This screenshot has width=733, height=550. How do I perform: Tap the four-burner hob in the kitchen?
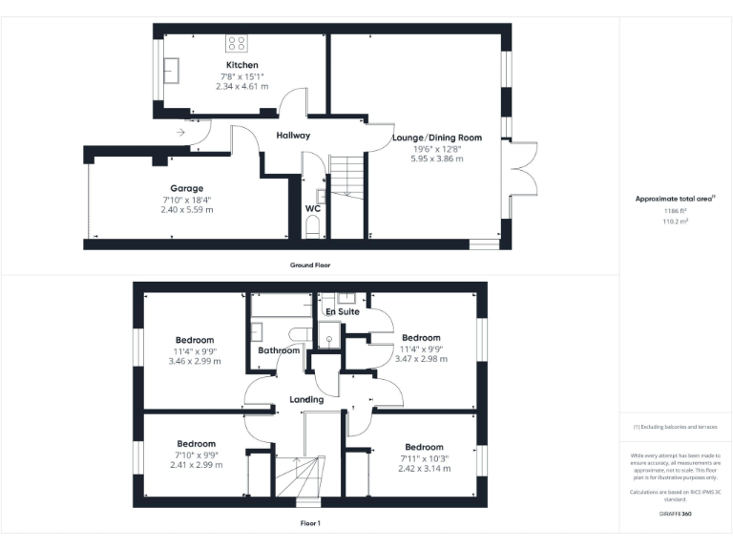(236, 43)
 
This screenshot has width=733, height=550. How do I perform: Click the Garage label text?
(187, 188)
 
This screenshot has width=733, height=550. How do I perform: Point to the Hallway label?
(293, 136)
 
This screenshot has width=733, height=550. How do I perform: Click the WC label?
(312, 208)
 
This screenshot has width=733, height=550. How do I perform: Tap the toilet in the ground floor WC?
(312, 226)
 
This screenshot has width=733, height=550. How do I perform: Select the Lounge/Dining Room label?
(436, 137)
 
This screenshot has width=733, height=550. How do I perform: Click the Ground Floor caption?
(310, 264)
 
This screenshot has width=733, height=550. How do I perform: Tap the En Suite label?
(342, 312)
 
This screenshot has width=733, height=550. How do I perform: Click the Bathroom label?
(280, 350)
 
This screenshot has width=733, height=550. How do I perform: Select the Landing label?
(306, 399)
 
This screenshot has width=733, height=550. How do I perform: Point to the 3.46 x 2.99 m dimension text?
(194, 362)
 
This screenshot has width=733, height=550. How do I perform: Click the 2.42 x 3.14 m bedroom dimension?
(424, 469)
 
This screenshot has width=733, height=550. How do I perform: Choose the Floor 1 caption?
(310, 523)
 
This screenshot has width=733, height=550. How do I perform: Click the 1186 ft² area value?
(676, 209)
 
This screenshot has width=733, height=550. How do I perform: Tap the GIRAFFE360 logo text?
(675, 515)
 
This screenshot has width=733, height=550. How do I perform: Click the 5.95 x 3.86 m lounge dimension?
(436, 159)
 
